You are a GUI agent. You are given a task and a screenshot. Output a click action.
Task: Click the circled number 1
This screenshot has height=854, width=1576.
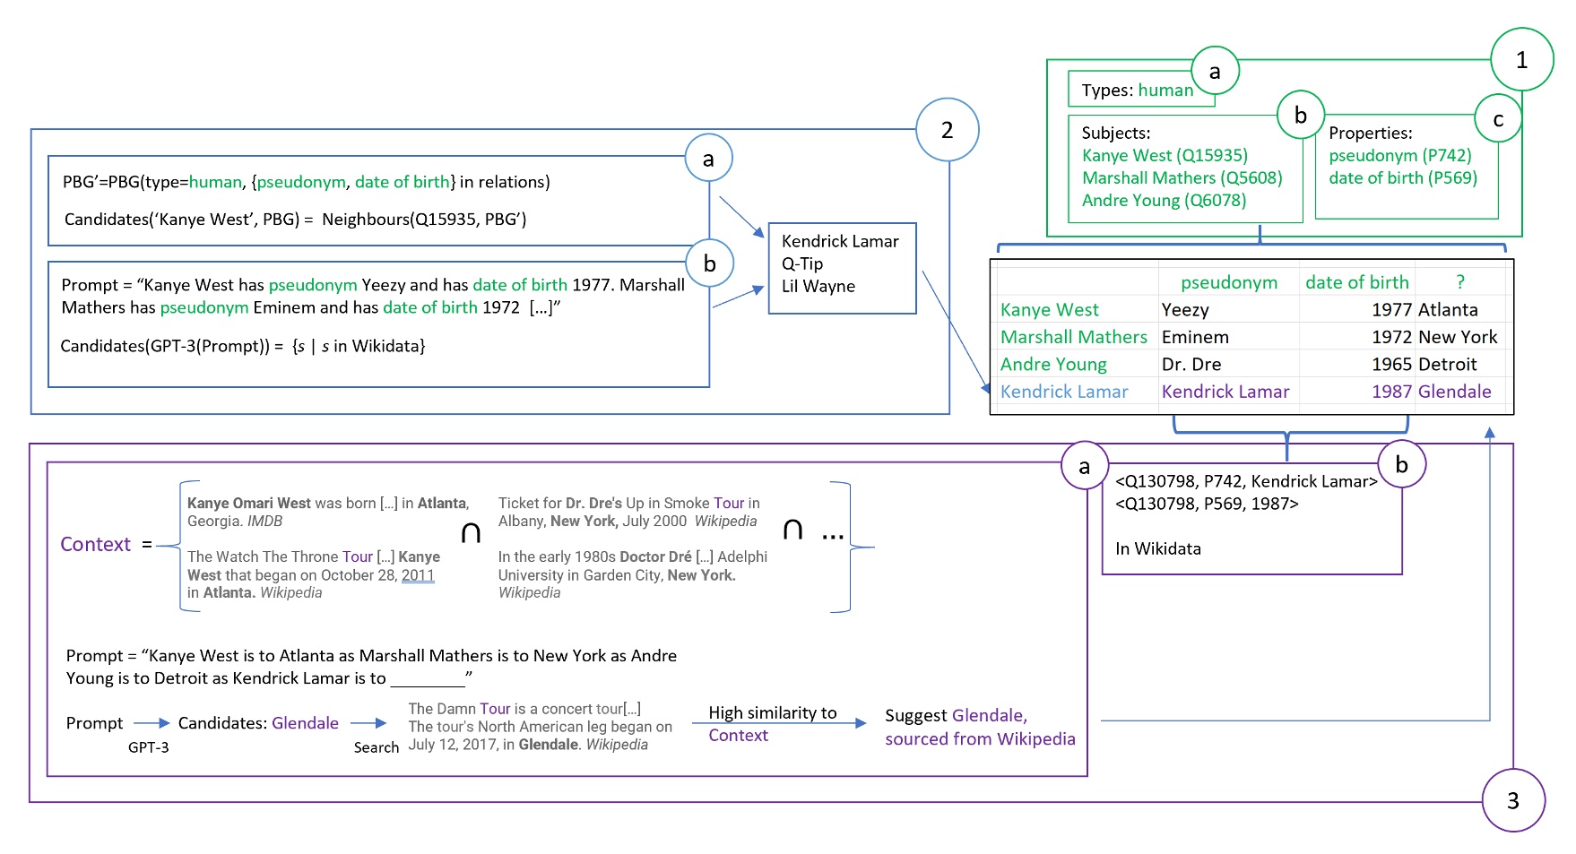[1521, 60]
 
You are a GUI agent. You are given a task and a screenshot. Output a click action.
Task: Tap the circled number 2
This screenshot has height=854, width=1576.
[947, 130]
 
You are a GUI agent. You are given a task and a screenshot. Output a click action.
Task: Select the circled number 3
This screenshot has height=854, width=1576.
[1512, 800]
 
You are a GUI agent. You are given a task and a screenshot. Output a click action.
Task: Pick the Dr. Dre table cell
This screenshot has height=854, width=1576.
[1191, 365]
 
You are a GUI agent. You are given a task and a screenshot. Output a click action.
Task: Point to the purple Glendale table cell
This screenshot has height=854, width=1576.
[1454, 392]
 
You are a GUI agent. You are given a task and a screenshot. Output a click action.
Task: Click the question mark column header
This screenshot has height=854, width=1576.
[1460, 282]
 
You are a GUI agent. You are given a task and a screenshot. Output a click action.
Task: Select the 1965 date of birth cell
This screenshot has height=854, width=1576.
[1391, 365]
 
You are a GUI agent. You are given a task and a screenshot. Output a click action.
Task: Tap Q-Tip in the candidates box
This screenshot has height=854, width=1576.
[801, 263]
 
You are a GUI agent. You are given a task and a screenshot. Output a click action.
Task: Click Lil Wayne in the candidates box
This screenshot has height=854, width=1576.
[818, 287]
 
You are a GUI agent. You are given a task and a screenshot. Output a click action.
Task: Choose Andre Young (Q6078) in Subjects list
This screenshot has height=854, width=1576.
[1163, 201]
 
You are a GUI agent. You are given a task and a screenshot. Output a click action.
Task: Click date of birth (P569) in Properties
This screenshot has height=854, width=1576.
[1402, 177]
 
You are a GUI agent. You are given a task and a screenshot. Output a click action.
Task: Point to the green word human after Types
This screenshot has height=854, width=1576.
[1165, 91]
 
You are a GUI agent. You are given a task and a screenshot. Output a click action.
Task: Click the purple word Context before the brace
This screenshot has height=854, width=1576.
[95, 544]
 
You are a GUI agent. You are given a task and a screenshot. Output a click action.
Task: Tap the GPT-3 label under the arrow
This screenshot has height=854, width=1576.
[148, 747]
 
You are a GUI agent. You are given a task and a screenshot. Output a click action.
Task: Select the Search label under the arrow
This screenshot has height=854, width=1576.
[376, 747]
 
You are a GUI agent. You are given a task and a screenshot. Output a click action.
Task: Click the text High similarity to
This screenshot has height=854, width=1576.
[772, 712]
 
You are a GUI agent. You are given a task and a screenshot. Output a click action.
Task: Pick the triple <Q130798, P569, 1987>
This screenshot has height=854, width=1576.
[1206, 504]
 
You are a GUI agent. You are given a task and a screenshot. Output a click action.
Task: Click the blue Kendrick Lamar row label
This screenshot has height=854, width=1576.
[1063, 392]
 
